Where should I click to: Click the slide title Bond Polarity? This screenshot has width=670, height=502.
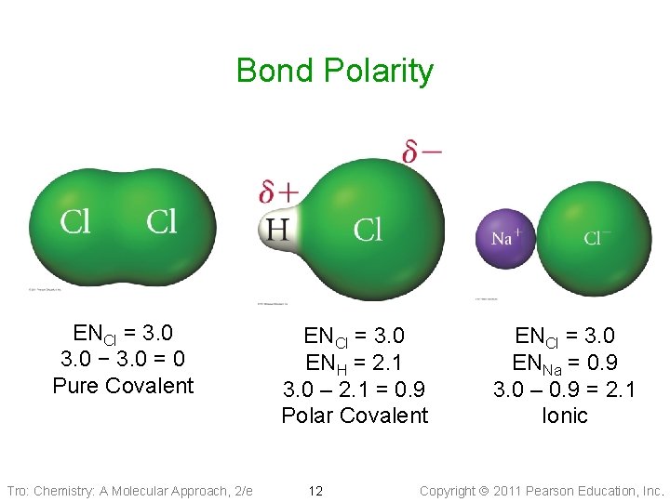point(334,71)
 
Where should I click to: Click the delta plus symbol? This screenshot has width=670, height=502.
point(278,192)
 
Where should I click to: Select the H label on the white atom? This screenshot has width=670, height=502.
point(277,229)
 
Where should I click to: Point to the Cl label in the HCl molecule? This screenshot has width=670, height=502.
point(368,229)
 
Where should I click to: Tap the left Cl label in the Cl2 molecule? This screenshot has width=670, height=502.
point(75,221)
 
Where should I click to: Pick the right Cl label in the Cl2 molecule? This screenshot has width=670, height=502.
point(161,221)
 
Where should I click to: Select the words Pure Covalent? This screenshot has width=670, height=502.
point(123,386)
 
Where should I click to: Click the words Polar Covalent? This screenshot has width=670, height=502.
point(355,416)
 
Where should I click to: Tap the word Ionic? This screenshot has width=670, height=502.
point(565,416)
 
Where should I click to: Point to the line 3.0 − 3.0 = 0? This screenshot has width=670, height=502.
point(122,359)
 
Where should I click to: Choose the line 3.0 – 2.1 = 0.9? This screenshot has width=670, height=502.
point(355,389)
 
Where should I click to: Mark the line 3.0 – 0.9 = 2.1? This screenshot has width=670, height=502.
point(565,389)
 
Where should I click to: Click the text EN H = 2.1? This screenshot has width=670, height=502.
point(355,363)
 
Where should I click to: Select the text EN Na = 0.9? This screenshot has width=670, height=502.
point(565,363)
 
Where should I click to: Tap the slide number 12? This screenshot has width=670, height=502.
point(315,491)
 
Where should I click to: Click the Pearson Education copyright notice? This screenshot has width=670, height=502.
point(543,491)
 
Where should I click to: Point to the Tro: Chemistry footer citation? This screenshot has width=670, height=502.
point(129,491)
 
